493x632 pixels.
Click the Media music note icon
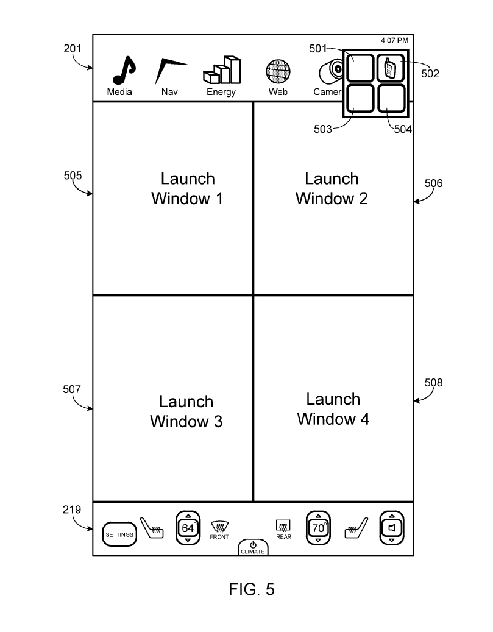tap(124, 70)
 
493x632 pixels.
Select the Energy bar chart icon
tap(222, 70)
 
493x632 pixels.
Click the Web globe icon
tap(278, 71)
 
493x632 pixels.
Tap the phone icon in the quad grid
tap(391, 68)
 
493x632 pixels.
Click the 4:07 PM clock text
tap(394, 40)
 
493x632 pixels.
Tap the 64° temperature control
tap(188, 528)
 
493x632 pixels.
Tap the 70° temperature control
tap(318, 528)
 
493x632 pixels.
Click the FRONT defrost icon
tap(220, 527)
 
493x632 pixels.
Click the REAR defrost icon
tap(283, 525)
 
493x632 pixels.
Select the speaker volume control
tap(391, 528)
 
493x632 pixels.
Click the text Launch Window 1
tap(188, 188)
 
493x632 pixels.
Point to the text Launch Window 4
tap(333, 409)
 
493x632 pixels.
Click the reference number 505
tap(73, 176)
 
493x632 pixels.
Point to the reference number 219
tap(72, 510)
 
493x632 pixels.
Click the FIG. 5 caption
tap(252, 589)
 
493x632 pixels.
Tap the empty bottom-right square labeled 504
tap(391, 98)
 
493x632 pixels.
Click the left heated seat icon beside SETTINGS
tap(152, 528)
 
